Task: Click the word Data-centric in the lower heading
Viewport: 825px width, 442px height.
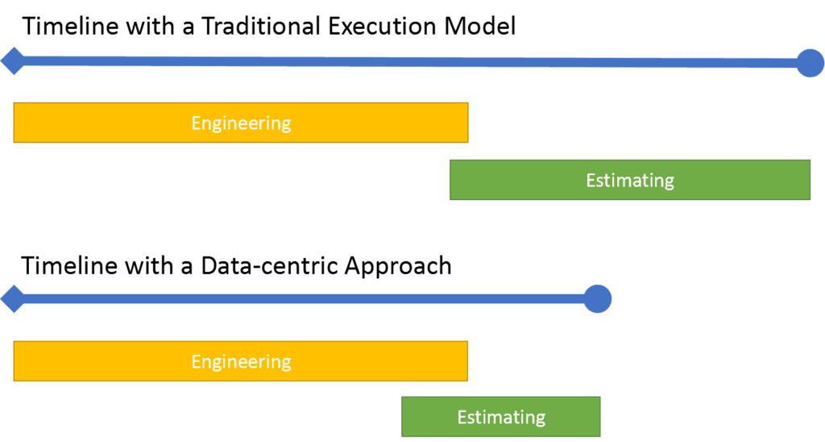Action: [261, 265]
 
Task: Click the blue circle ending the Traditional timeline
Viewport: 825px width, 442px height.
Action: [810, 62]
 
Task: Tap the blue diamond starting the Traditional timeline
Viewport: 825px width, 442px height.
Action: [12, 60]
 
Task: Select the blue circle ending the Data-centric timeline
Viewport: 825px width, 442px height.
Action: [597, 298]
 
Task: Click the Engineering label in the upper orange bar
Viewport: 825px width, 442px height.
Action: [241, 123]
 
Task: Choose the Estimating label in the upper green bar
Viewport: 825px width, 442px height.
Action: [630, 180]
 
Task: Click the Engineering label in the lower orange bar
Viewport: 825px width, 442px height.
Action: [241, 361]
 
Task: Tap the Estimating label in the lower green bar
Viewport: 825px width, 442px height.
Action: [501, 417]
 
